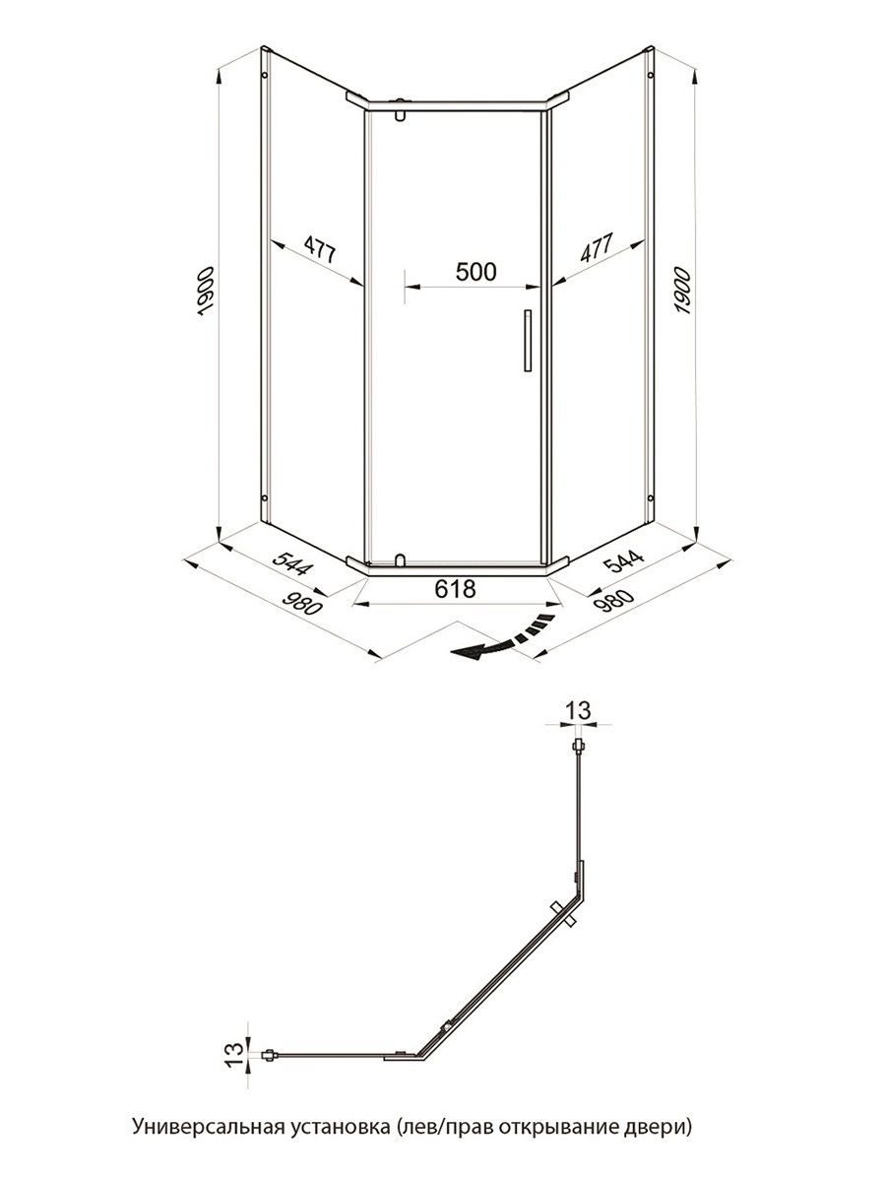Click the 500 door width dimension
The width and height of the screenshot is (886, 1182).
coord(475,272)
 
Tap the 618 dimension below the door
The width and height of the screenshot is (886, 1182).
coord(455,589)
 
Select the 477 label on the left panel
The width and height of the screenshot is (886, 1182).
coord(320,249)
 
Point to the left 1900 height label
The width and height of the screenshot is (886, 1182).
coord(206,291)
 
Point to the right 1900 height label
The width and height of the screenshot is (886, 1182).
coord(682,291)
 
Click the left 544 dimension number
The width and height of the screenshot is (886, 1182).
coord(292,563)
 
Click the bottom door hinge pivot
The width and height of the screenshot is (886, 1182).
coord(400,560)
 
